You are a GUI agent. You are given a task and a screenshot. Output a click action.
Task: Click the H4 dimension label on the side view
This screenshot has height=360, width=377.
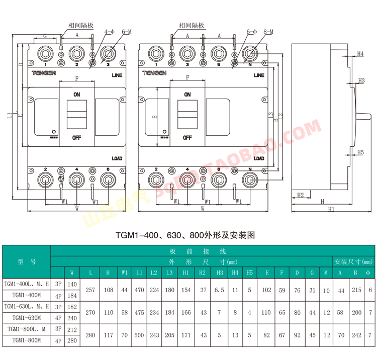(360, 53)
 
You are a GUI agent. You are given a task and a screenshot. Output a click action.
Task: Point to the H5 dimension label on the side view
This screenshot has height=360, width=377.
(360, 152)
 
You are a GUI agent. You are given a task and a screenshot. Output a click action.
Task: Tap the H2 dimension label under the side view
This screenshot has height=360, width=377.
(300, 195)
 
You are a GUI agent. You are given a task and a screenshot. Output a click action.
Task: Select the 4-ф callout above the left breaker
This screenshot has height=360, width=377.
(109, 32)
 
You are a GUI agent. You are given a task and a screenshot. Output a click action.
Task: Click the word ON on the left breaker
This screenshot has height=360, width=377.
(77, 94)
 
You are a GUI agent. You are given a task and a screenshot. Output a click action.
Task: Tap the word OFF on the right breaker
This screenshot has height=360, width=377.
(187, 137)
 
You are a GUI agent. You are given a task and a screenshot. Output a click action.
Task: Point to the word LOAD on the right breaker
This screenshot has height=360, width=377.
(259, 158)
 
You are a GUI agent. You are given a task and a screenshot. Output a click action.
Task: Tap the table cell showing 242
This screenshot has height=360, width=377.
(355, 334)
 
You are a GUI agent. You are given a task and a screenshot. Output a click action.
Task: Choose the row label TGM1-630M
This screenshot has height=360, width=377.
(27, 318)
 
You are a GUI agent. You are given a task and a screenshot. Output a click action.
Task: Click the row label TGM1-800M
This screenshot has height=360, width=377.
(27, 340)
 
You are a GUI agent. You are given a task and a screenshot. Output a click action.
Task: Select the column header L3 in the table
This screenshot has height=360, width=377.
(170, 273)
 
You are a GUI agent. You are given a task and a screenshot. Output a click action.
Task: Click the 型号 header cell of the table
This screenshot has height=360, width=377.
(27, 261)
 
